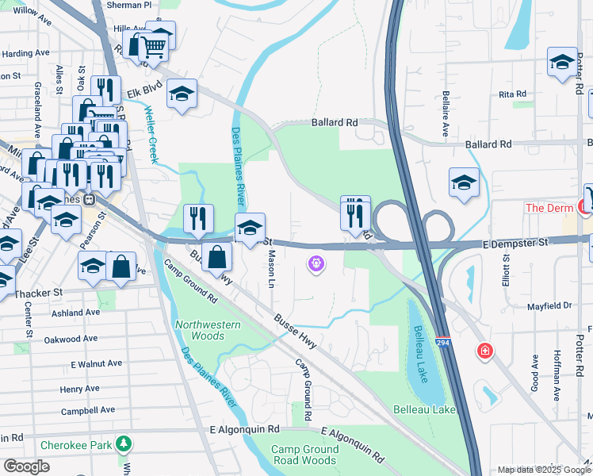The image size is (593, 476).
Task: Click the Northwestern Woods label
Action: click(208, 330)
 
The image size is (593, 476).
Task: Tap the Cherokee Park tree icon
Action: click(123, 443)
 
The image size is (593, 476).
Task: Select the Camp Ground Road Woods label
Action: click(304, 455)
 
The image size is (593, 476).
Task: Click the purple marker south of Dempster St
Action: click(316, 262)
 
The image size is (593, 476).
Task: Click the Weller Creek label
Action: click(151, 136)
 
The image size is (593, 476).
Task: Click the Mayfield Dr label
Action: click(549, 305)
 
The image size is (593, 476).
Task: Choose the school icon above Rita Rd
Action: click(562, 63)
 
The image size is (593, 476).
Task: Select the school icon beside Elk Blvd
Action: click(182, 94)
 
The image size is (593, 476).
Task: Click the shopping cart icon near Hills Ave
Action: click(154, 48)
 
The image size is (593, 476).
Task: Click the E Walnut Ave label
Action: click(96, 363)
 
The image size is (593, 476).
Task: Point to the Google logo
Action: click(27, 466)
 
